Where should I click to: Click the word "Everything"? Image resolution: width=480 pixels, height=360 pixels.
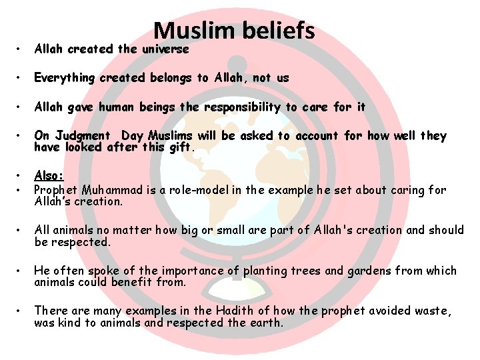click(x=65, y=78)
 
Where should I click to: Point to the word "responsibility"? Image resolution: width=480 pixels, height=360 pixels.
click(x=243, y=107)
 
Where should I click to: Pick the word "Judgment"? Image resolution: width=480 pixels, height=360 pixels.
click(x=82, y=136)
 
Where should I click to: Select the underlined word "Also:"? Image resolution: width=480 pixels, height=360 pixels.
click(x=49, y=176)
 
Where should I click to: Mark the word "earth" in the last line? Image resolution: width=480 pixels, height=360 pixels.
click(x=266, y=323)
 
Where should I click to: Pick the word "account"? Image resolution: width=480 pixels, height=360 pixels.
click(x=317, y=136)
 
